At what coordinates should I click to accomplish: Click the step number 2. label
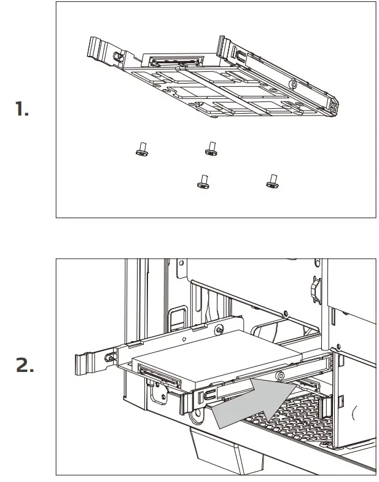pos(25,366)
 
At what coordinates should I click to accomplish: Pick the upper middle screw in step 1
pos(211,148)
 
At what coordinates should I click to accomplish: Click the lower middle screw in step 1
pos(202,181)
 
